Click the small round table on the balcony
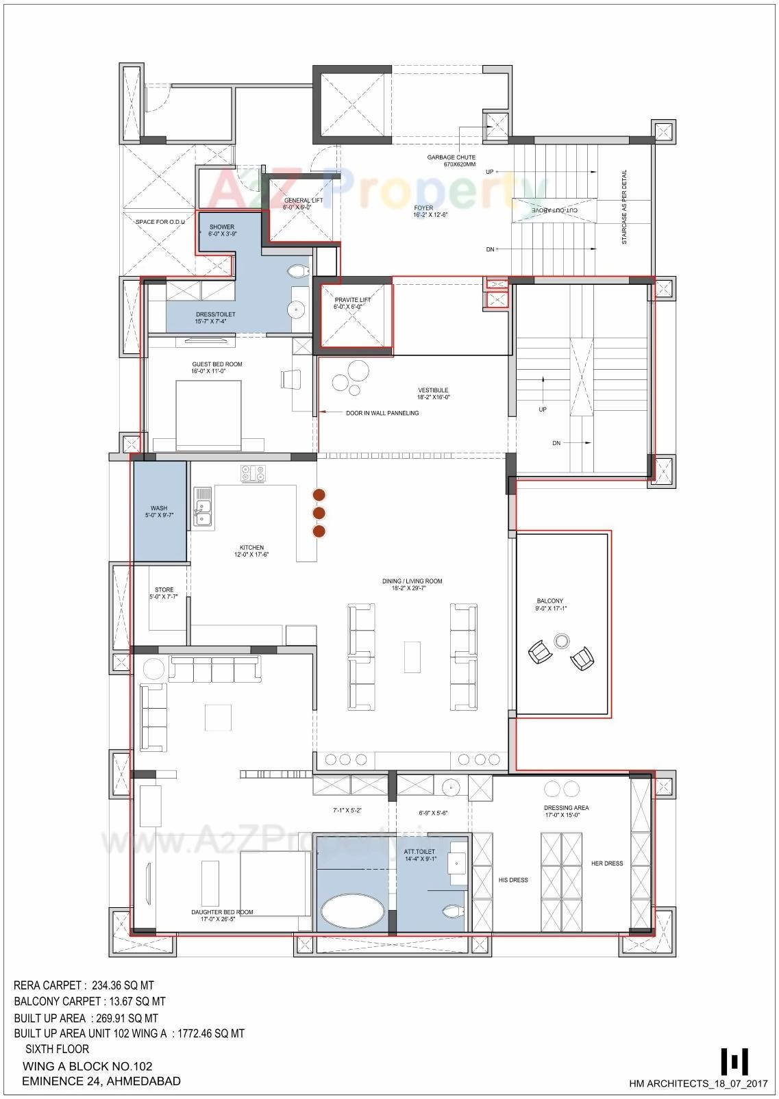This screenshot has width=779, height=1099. tap(562, 641)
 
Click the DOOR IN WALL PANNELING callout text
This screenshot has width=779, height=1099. tap(382, 413)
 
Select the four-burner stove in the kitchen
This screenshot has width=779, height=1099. tap(254, 473)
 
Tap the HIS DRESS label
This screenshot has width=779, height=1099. tap(512, 880)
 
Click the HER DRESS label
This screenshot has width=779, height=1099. tap(607, 863)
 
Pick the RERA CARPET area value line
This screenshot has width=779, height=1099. tap(84, 986)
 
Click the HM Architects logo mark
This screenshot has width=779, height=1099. tap(734, 1061)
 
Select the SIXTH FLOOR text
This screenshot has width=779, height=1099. tap(58, 1048)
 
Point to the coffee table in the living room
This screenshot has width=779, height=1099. tap(412, 657)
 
